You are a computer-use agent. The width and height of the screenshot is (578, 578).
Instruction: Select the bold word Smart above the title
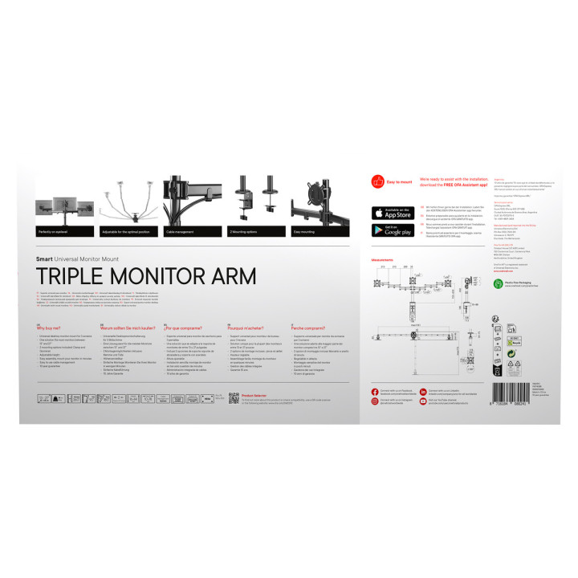click(44, 259)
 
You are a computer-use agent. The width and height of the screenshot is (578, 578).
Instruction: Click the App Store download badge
click(392, 213)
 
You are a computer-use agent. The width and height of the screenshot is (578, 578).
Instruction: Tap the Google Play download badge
click(392, 230)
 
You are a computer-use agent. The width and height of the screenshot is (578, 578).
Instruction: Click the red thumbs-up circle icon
click(377, 181)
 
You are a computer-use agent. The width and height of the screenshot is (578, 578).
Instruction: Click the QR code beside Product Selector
click(234, 398)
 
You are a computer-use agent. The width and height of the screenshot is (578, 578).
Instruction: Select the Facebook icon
click(375, 390)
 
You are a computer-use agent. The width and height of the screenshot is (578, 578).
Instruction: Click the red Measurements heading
click(382, 261)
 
